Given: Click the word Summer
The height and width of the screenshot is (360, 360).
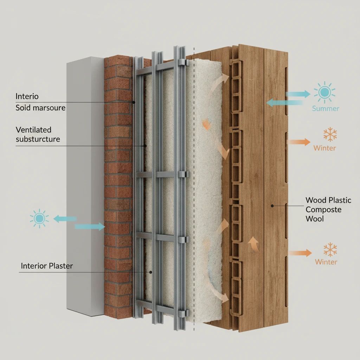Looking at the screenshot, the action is pyautogui.click(x=325, y=108).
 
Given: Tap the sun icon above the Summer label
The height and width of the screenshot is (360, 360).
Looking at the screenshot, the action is pyautogui.click(x=324, y=92).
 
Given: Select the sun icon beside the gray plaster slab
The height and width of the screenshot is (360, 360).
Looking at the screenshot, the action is pyautogui.click(x=39, y=218).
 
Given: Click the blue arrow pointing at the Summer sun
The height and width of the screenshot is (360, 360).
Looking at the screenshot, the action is pyautogui.click(x=298, y=94).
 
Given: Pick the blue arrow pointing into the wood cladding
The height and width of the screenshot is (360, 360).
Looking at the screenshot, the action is pyautogui.click(x=284, y=103).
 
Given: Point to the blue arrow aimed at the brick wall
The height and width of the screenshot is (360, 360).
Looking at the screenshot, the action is pyautogui.click(x=90, y=227).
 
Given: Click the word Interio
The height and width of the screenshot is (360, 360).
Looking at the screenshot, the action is pyautogui.click(x=27, y=96).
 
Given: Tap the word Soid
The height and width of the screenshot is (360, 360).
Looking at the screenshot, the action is pyautogui.click(x=23, y=108).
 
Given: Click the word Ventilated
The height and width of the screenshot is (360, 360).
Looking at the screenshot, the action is pyautogui.click(x=33, y=130).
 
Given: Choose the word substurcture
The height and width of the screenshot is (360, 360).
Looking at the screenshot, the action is pyautogui.click(x=38, y=139).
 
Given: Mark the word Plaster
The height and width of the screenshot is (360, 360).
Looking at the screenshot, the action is pyautogui.click(x=60, y=266).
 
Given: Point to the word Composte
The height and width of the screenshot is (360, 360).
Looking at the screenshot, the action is pyautogui.click(x=323, y=210).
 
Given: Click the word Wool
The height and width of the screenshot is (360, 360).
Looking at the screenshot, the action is pyautogui.click(x=315, y=219).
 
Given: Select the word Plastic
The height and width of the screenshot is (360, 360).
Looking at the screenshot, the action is pyautogui.click(x=340, y=200).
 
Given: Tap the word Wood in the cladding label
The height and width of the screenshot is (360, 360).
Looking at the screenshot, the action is pyautogui.click(x=316, y=200).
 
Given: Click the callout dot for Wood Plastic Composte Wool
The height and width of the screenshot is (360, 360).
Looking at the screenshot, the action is pyautogui.click(x=272, y=206).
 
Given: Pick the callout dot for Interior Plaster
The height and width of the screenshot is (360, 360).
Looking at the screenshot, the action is pyautogui.click(x=150, y=272).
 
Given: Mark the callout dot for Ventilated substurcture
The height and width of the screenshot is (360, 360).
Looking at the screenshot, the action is pyautogui.click(x=145, y=146).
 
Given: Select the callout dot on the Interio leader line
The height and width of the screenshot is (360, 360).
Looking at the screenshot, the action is pyautogui.click(x=134, y=102).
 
